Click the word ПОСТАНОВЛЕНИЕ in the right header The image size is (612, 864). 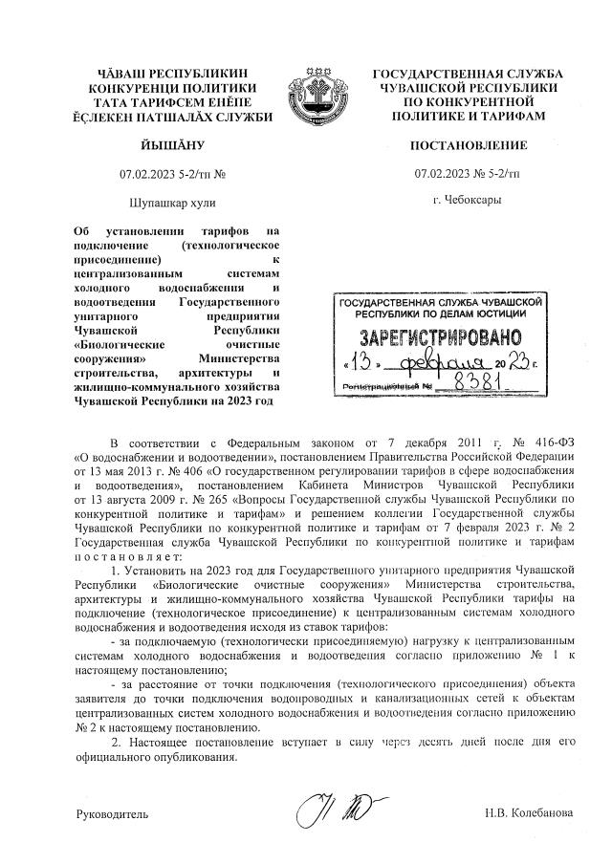[468, 146]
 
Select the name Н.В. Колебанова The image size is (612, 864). [527, 813]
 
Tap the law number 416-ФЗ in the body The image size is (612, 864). [548, 444]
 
